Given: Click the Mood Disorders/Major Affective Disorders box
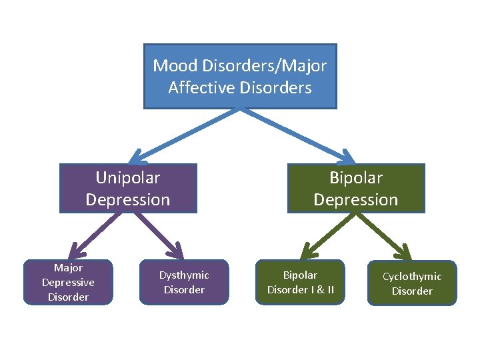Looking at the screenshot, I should click(240, 76).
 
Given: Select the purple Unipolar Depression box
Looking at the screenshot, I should click(128, 188).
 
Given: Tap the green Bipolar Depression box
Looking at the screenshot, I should click(356, 188).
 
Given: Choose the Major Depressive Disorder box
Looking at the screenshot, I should click(68, 282).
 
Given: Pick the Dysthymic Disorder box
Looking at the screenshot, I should click(184, 282).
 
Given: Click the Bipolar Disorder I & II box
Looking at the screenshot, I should click(300, 282).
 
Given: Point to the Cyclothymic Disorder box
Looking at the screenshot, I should click(412, 283).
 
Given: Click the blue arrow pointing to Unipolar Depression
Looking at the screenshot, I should click(180, 133).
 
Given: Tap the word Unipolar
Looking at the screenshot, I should click(128, 178).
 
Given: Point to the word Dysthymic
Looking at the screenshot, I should click(184, 275).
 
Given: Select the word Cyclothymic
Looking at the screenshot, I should click(412, 276).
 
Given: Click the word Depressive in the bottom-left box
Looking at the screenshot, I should click(68, 282).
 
